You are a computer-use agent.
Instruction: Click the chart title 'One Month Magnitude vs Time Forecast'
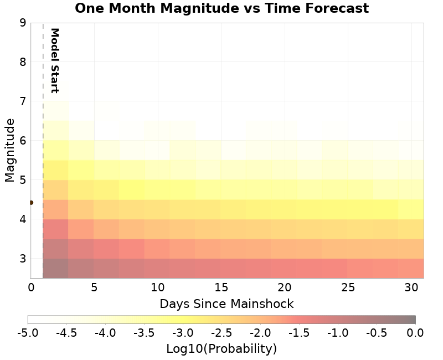(221, 8)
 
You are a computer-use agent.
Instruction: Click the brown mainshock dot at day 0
(31, 203)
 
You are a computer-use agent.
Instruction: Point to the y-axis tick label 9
(23, 23)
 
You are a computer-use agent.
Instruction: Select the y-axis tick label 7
(23, 101)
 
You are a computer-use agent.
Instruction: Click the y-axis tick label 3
(23, 259)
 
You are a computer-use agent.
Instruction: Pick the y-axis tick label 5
(23, 180)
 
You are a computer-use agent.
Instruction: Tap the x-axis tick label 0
(31, 287)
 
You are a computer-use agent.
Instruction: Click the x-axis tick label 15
(221, 287)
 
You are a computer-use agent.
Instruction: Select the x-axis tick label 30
(411, 287)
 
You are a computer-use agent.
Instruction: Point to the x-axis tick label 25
(348, 287)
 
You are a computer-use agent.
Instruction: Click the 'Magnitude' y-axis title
(9, 150)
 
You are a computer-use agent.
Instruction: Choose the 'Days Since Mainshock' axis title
(226, 304)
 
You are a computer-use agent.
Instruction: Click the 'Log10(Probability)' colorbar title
(221, 349)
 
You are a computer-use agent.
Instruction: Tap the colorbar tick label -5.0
(28, 333)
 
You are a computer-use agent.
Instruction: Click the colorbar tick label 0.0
(415, 333)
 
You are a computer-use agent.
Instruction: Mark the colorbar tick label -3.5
(144, 333)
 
